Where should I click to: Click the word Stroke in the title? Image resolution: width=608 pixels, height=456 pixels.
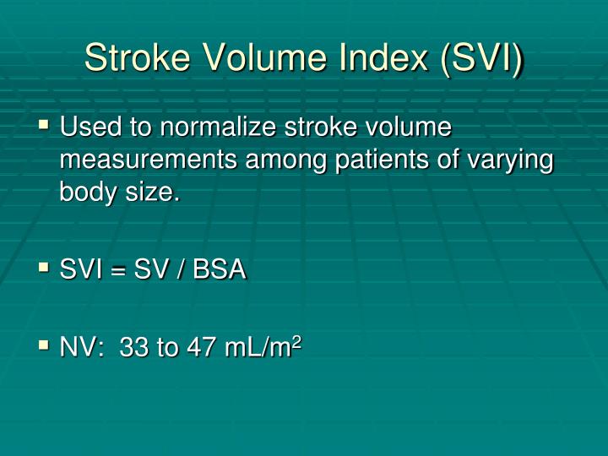[138, 57]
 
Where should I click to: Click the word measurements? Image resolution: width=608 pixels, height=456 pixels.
[149, 160]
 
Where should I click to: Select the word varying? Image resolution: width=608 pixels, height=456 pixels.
[510, 160]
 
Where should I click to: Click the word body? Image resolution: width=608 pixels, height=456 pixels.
[88, 192]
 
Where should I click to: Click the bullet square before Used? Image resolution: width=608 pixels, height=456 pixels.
[44, 125]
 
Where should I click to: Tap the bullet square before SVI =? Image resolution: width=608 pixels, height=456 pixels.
[44, 268]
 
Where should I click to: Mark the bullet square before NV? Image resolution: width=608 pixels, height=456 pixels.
[44, 345]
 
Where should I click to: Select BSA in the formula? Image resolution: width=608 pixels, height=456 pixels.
[220, 269]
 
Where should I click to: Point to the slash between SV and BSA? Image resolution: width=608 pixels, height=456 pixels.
[180, 269]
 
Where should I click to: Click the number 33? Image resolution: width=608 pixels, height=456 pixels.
[133, 346]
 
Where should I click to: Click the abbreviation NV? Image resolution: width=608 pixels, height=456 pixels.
[82, 346]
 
